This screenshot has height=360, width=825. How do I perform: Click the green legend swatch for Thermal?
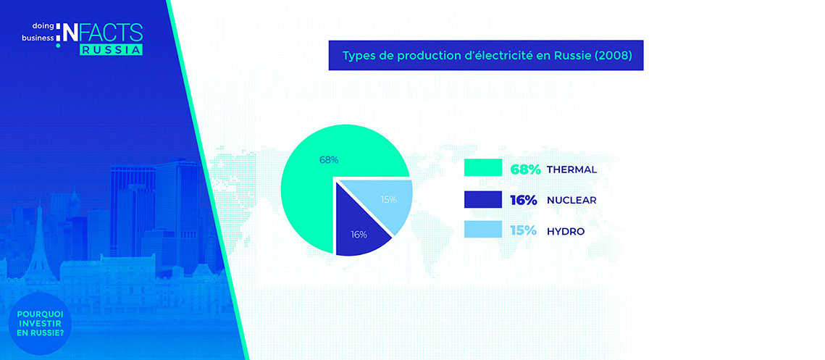483,169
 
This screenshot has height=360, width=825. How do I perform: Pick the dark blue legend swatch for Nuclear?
483,200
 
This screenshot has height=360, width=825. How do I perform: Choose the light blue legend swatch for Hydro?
483,230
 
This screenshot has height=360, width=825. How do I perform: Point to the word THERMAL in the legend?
572,169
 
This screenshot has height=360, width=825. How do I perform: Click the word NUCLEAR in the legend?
571,201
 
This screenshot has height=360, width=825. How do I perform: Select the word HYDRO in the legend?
566,231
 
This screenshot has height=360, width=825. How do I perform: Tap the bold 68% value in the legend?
525,169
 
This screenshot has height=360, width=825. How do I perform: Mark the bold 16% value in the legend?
524,201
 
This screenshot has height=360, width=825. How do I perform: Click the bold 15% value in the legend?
524,231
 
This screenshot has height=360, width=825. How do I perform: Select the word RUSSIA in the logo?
111,50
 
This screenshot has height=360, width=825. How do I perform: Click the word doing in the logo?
40,25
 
